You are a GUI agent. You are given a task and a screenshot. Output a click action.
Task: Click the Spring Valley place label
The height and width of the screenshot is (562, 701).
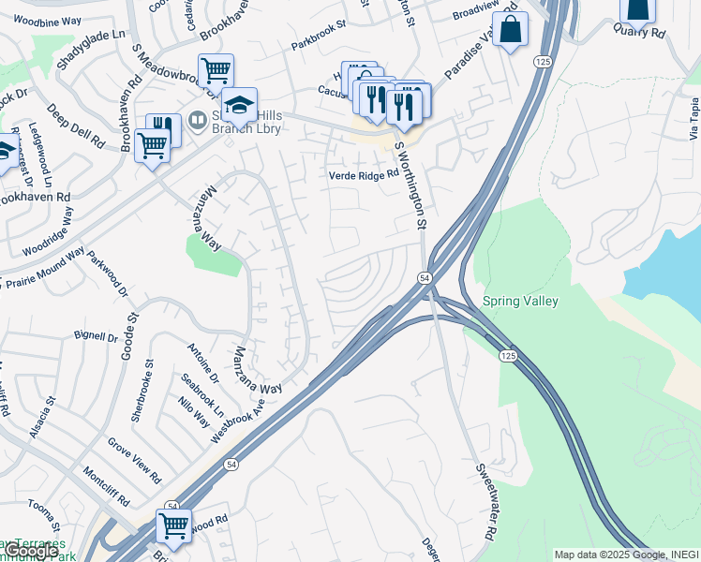[520, 302]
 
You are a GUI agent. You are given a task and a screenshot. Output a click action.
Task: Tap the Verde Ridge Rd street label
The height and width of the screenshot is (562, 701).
[363, 175]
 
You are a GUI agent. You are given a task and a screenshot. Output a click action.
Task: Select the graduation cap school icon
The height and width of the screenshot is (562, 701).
[240, 104]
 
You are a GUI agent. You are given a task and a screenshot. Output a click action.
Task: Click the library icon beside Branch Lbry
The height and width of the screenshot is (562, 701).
[198, 119]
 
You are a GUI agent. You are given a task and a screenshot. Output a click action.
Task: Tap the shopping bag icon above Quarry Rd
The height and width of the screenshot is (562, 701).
[637, 9]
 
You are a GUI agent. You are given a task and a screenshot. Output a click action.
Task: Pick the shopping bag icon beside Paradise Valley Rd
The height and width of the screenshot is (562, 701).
[510, 30]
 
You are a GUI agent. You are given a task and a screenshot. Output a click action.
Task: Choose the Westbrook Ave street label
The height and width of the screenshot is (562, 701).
[238, 417]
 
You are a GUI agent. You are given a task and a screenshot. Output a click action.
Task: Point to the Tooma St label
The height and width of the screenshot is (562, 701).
[41, 517]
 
